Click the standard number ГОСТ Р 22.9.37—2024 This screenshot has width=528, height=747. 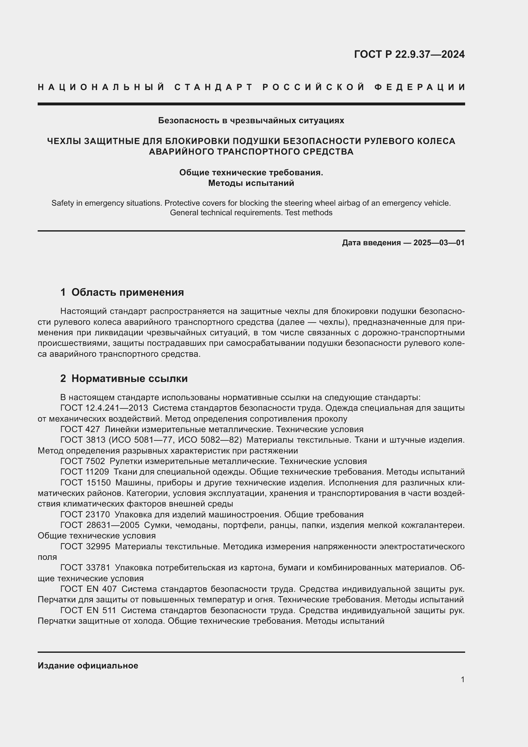pos(409,54)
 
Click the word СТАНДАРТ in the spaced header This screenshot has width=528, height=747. pos(214,87)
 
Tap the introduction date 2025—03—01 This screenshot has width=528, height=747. pos(439,243)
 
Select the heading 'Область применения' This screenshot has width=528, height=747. pos(127,292)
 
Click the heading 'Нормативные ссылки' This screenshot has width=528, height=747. pos(129,378)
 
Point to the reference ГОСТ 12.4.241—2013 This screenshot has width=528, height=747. pos(104,408)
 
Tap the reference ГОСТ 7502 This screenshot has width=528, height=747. pos(83,461)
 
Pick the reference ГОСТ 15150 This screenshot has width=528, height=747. pos(85,483)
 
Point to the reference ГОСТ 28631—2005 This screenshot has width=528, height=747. pos(100,525)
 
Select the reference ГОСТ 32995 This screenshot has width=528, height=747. pos(85,546)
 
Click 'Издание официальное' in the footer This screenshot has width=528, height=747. pos(88,666)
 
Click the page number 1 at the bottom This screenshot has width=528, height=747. pos(462,679)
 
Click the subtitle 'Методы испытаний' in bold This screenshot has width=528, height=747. pos(251,183)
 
